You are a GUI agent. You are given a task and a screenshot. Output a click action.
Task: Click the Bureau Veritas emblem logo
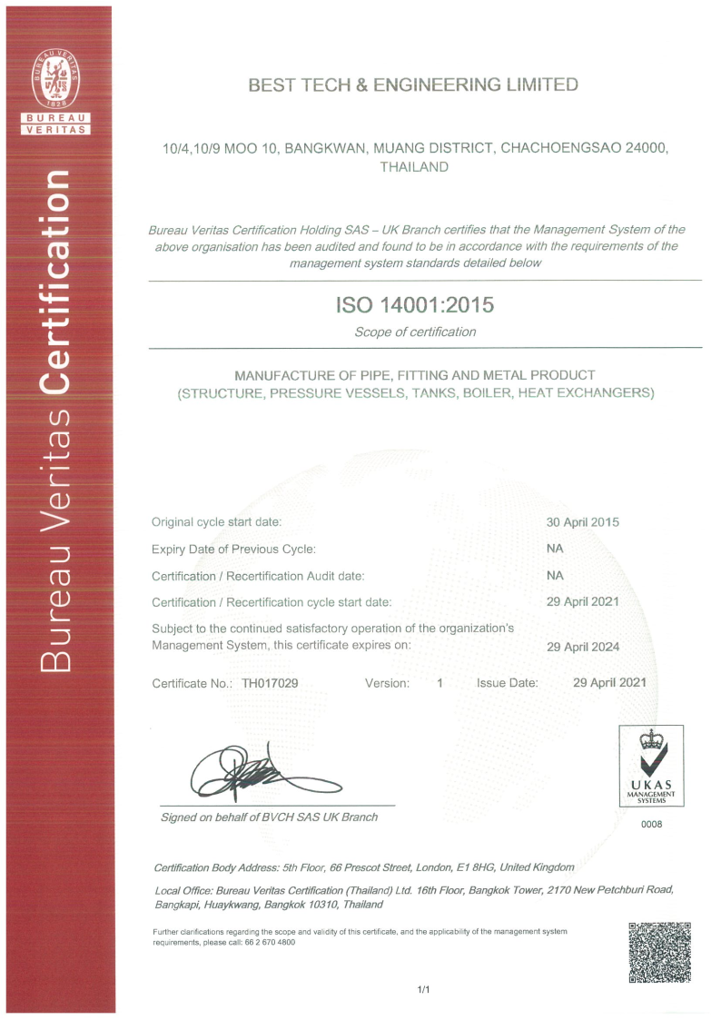56,79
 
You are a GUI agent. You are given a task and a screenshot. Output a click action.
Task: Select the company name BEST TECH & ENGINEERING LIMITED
413,85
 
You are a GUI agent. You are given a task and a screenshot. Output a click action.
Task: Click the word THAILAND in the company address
414,167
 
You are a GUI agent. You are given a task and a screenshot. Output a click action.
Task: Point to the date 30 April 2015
582,522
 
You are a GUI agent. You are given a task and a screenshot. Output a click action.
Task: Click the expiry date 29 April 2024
582,647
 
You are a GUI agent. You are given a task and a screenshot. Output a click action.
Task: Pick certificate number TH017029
270,682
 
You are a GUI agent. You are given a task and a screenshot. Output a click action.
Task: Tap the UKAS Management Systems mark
651,766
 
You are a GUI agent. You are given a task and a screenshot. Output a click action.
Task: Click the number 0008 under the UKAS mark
652,824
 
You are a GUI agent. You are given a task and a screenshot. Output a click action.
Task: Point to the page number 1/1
423,989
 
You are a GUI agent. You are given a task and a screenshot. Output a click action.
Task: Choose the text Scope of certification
414,332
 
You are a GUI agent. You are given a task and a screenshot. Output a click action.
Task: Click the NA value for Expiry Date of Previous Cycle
555,550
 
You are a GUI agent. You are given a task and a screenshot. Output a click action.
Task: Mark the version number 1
440,682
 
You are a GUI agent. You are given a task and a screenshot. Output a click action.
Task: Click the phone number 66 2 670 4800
268,942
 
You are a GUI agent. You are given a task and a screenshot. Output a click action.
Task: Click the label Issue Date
507,682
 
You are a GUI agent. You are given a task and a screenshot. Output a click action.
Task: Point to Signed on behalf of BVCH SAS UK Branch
269,817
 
